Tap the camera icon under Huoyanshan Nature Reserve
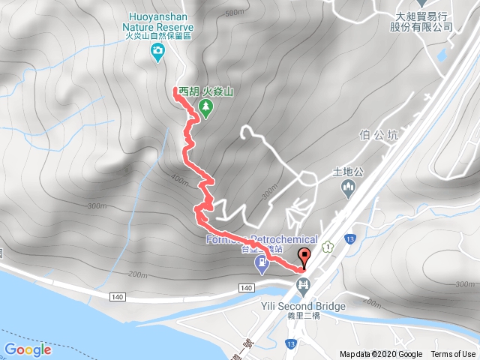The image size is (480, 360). pyautogui.click(x=158, y=51)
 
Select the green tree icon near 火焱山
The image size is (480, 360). pyautogui.click(x=205, y=108)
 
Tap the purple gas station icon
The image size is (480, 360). pyautogui.click(x=261, y=263)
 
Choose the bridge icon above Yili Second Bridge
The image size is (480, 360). pyautogui.click(x=303, y=284)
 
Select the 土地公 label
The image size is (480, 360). pyautogui.click(x=348, y=171)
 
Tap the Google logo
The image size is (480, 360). pyautogui.click(x=27, y=349)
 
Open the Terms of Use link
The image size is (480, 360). pyautogui.click(x=453, y=354)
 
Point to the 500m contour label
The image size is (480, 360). pyautogui.click(x=234, y=13)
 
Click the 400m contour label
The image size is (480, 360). pyautogui.click(x=180, y=179)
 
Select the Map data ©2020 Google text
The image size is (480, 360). pyautogui.click(x=380, y=354)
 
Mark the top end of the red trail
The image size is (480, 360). pyautogui.click(x=176, y=90)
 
